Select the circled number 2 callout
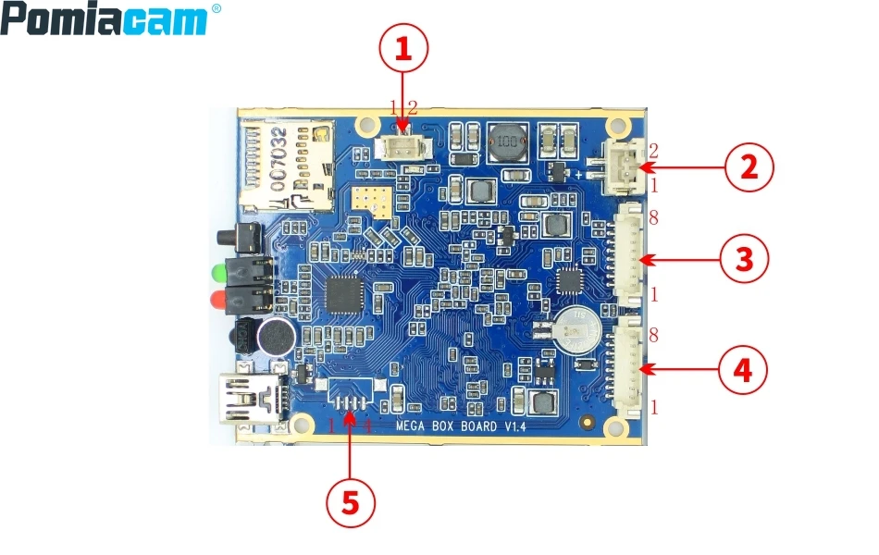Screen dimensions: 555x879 [748, 167]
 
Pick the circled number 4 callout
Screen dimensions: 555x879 [742, 370]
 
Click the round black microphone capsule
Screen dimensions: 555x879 [274, 338]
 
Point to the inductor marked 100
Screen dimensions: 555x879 [505, 142]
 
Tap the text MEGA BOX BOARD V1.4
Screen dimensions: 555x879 [461, 426]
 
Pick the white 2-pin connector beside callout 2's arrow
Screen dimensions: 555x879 [620, 167]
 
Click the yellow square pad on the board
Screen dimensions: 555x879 [370, 197]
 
